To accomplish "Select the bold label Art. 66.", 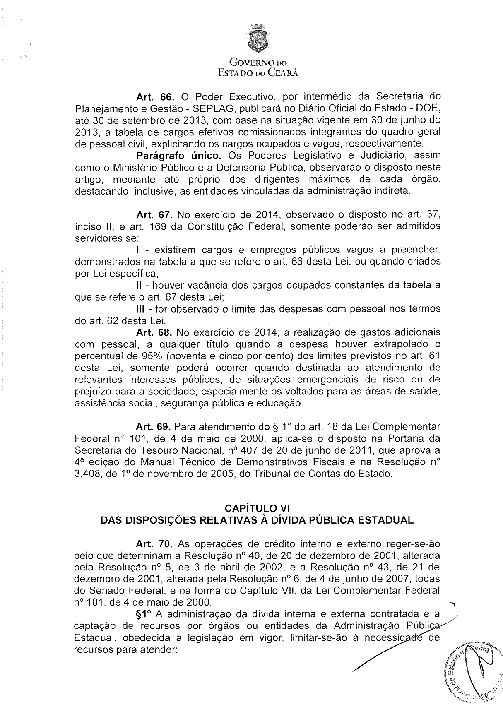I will pos(154,97).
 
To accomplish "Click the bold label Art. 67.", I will pos(154,215).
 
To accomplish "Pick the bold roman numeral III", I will pos(141,309).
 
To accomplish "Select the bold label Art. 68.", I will pos(154,332).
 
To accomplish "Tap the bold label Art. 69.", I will pos(154,426).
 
